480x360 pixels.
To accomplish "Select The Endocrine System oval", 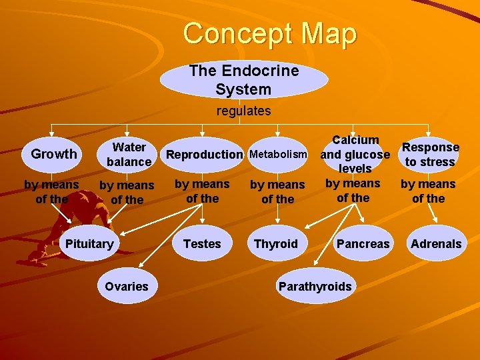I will tap(243, 80).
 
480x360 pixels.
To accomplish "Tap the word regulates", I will tap(243, 111).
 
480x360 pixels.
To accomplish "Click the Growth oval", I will tap(54, 154).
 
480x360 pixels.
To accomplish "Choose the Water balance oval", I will tap(129, 154).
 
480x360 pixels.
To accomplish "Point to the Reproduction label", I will tap(205, 155).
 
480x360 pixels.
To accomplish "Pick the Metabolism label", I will tap(279, 155).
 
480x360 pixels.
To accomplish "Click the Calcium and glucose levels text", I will tap(355, 154).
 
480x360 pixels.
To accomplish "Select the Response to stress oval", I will tap(431, 154).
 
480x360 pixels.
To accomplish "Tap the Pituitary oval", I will tap(89, 243).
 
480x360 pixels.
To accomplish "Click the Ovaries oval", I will tap(127, 286).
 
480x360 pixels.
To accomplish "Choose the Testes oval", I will tap(202, 243).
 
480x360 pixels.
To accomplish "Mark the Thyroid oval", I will tap(276, 243).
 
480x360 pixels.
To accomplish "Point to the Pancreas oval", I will tap(363, 243).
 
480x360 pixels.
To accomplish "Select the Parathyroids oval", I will tap(315, 286).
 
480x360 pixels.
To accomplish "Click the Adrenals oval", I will tap(436, 243).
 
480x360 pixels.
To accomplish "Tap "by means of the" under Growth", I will tap(51, 191).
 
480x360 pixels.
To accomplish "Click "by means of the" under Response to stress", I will tap(428, 191).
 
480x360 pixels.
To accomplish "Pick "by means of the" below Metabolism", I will tap(277, 191).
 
